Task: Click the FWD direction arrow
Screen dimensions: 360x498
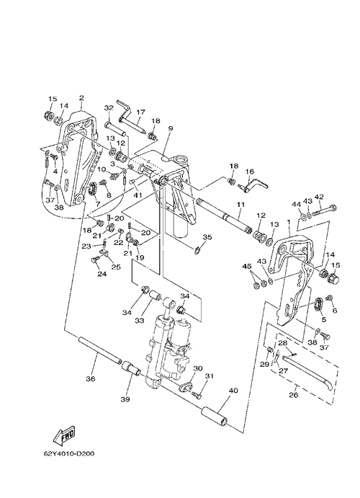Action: tap(64, 435)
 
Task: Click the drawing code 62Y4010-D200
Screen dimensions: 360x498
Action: tap(69, 453)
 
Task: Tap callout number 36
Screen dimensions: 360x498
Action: tap(91, 378)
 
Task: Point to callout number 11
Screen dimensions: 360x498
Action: tap(240, 205)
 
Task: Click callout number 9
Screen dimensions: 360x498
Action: tap(171, 128)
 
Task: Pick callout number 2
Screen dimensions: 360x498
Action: tap(81, 98)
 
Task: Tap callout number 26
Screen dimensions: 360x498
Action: tap(294, 396)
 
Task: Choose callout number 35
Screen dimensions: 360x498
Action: tap(207, 237)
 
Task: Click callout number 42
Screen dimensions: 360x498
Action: tap(319, 197)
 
